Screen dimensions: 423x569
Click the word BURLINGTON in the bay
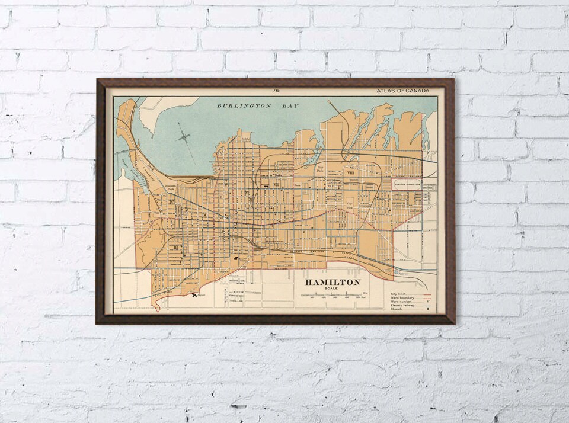[x=236, y=106]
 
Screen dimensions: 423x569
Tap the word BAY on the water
[x=290, y=106]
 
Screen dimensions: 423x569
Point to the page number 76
[x=276, y=91]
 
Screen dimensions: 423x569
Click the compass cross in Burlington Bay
[x=184, y=138]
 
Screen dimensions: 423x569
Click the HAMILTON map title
[x=333, y=282]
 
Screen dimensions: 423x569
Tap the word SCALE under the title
[x=331, y=289]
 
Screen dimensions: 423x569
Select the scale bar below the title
[x=331, y=294]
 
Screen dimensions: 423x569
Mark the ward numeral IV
[x=171, y=202]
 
